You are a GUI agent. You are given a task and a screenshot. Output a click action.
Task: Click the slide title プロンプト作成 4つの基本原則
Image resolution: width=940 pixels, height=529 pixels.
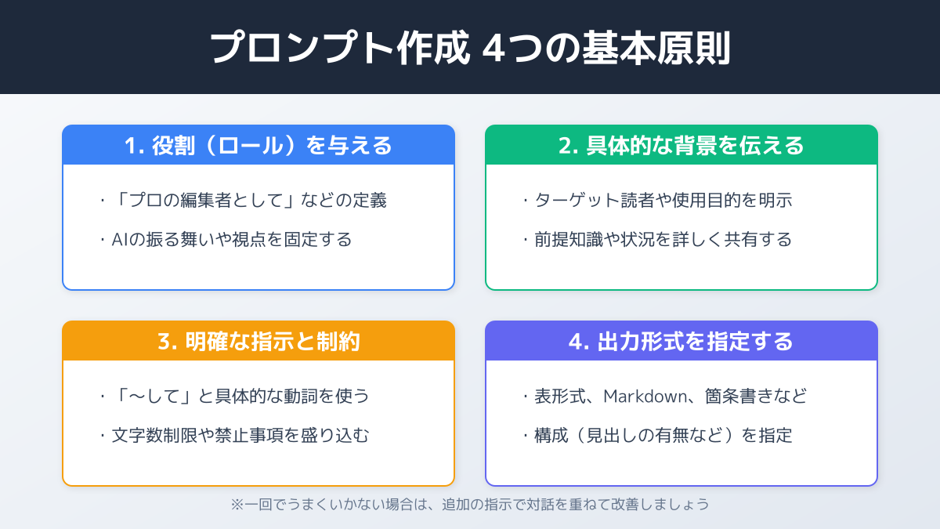click(x=470, y=49)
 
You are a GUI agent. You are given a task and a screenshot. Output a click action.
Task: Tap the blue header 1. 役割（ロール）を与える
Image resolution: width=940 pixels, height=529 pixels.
click(x=258, y=146)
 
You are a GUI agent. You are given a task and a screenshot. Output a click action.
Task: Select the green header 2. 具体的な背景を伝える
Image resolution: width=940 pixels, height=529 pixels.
click(x=681, y=146)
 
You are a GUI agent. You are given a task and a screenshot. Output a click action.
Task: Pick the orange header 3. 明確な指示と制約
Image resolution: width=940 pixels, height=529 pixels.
click(x=258, y=342)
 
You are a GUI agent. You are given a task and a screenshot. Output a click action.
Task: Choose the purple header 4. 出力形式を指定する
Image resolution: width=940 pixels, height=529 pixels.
click(x=681, y=342)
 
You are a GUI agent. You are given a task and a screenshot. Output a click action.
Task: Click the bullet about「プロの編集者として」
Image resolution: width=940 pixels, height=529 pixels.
click(x=244, y=201)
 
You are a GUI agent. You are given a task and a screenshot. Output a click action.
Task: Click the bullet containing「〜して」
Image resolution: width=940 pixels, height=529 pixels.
click(x=235, y=397)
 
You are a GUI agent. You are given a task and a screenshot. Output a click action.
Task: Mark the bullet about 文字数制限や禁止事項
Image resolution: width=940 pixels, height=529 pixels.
click(x=235, y=436)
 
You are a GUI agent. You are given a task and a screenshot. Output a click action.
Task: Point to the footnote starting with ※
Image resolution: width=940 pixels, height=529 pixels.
click(x=470, y=505)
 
